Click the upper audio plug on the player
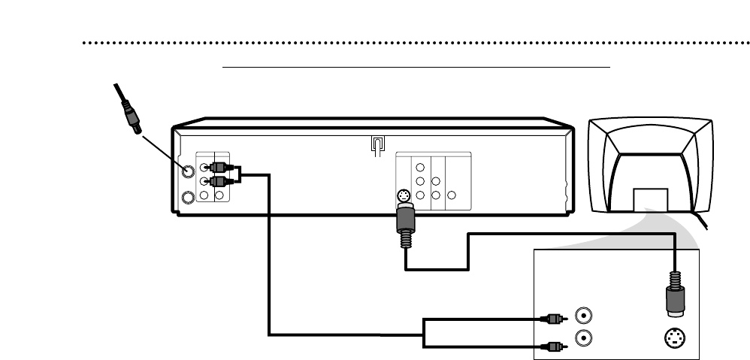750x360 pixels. point(221,167)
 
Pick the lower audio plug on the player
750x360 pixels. point(221,181)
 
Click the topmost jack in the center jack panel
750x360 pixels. point(421,168)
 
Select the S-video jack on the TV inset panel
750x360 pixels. point(672,339)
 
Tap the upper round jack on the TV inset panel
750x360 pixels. point(582,316)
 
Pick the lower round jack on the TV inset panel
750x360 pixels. point(582,338)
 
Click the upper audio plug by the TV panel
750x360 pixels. point(552,318)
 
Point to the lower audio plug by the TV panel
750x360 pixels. point(552,346)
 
